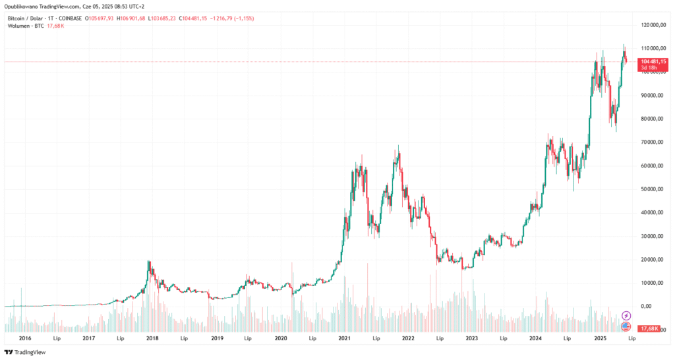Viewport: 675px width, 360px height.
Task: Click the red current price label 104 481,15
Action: coord(649,61)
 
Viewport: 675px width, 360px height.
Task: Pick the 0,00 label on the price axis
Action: coord(645,307)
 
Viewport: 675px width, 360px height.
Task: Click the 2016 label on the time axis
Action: coord(26,338)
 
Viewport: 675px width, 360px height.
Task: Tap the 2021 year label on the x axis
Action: coord(344,338)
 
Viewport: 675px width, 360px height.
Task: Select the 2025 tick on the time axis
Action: coord(600,338)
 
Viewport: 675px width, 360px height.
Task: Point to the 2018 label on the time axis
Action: coord(152,338)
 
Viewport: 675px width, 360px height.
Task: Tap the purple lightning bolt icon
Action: coord(626,316)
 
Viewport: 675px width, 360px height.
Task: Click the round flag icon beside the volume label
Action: coord(626,326)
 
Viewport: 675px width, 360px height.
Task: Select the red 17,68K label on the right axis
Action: coord(649,327)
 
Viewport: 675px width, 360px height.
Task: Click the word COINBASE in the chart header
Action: coord(71,18)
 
